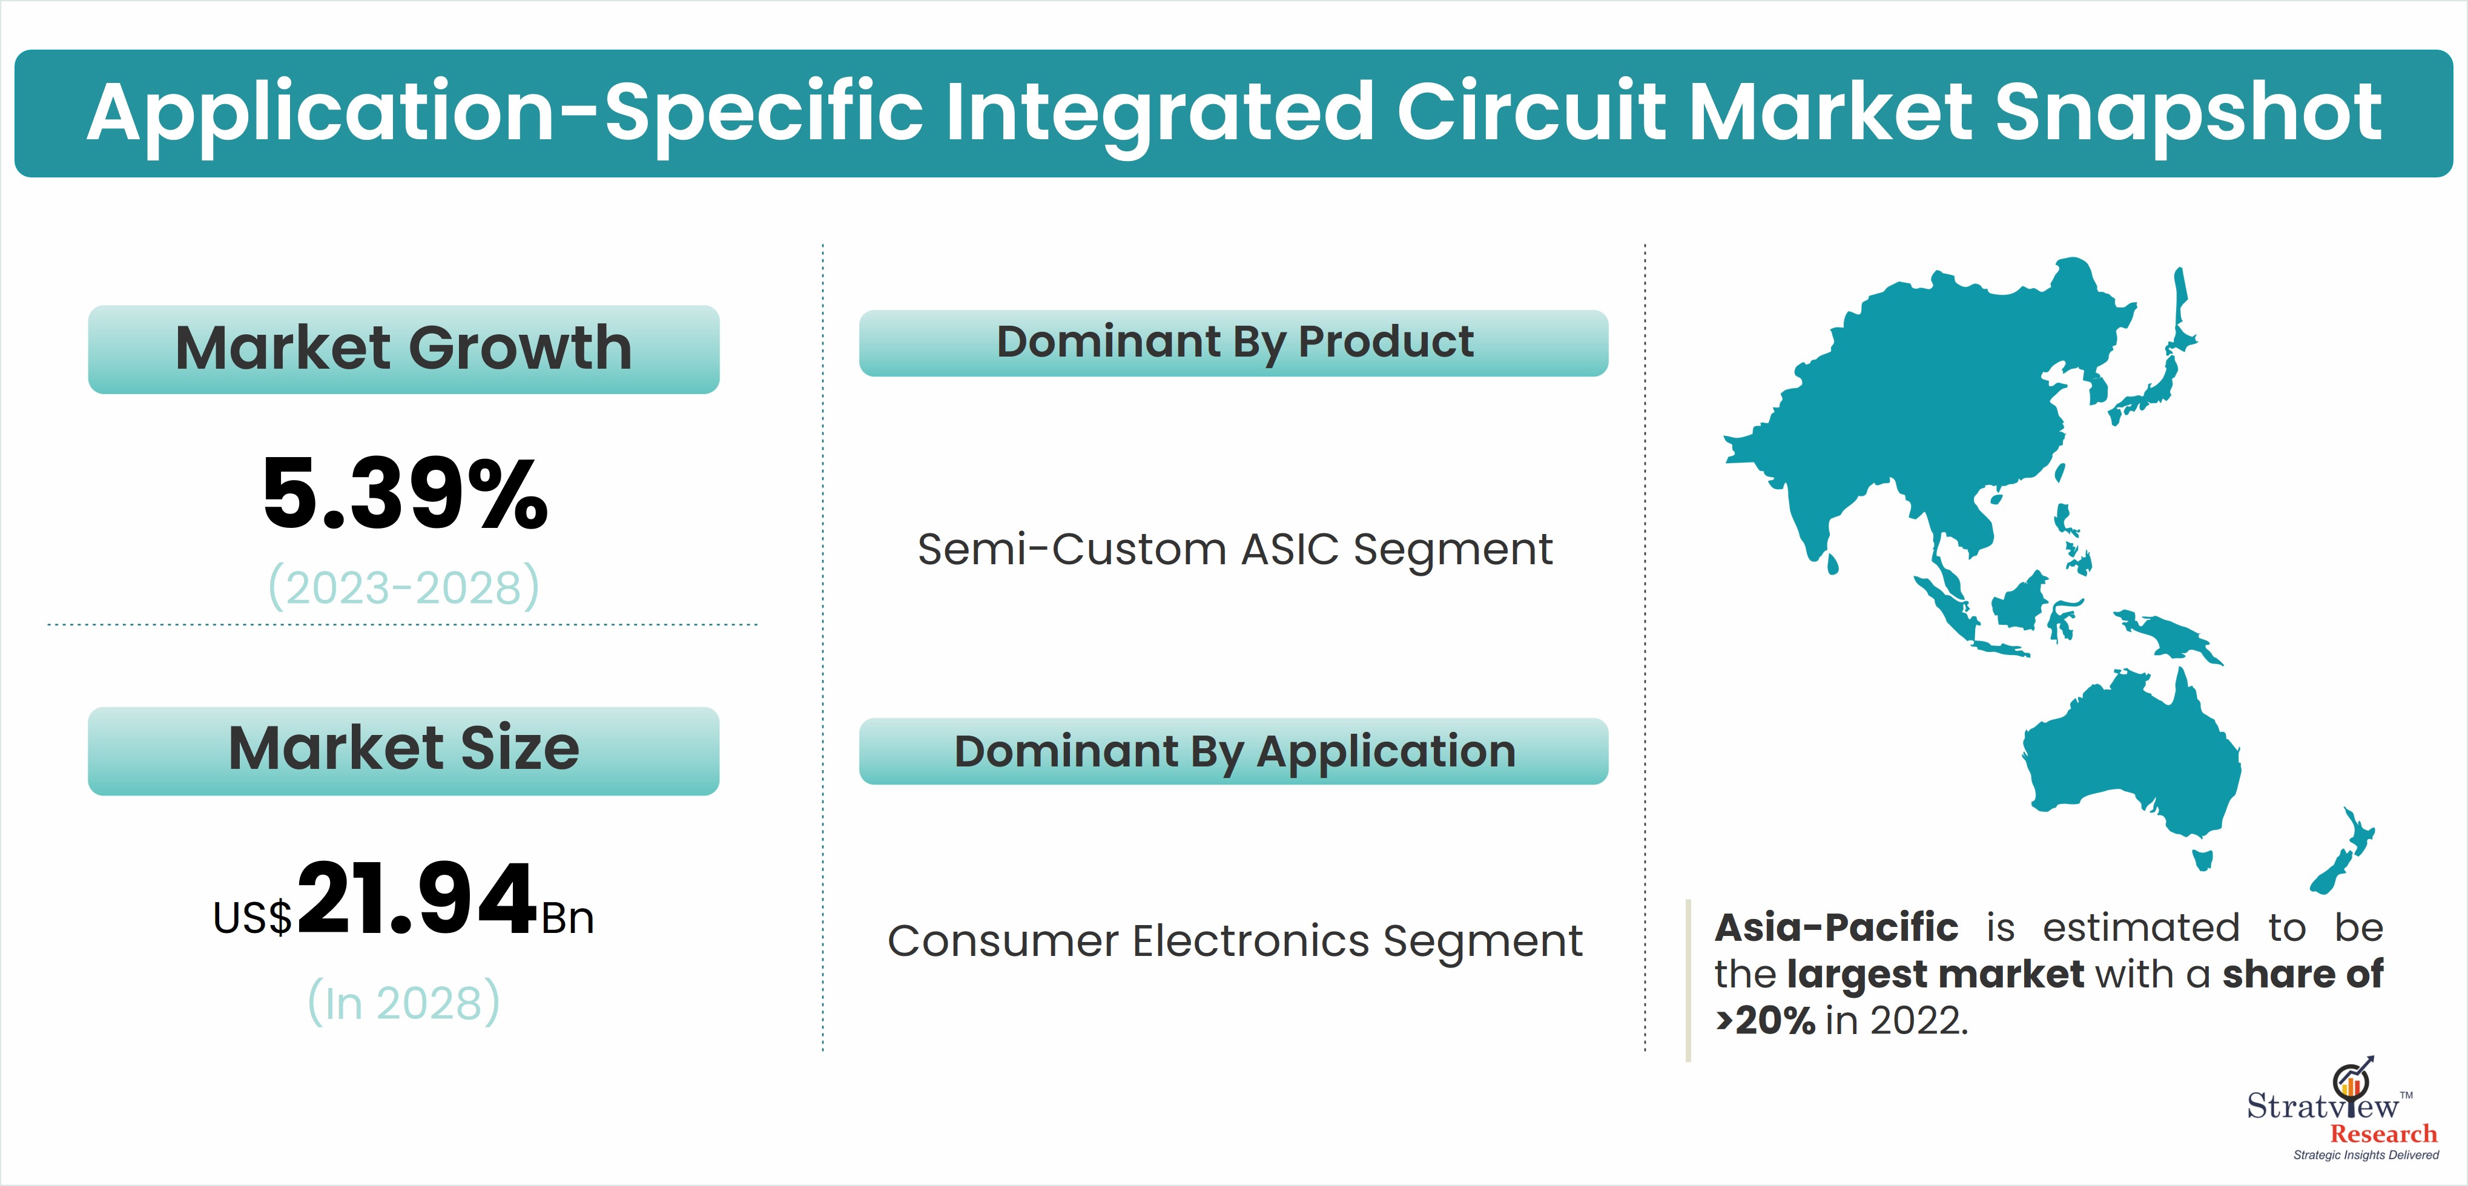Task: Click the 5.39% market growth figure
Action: point(404,495)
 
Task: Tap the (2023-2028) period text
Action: point(403,587)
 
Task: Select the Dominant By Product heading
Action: point(1234,342)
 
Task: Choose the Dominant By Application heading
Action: point(1234,751)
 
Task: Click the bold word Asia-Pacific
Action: point(1836,927)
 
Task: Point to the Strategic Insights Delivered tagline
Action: point(2366,1155)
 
